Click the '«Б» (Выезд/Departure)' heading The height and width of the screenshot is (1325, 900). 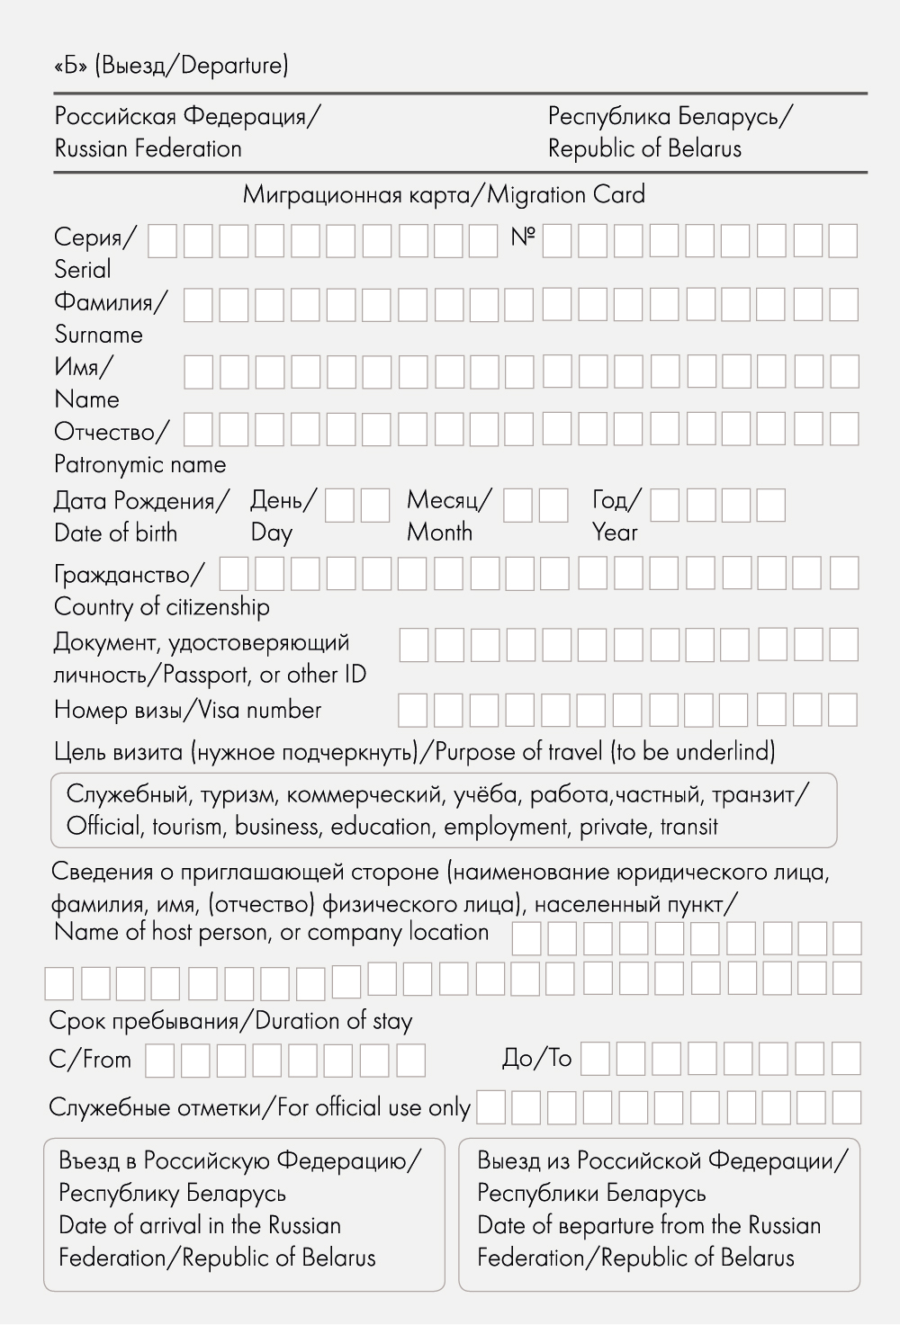coord(171,66)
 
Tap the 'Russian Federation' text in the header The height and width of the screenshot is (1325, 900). coord(148,148)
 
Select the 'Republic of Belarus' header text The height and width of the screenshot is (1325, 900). coord(644,148)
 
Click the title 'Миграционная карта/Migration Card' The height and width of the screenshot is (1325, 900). coord(444,194)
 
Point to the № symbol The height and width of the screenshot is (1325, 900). coord(522,237)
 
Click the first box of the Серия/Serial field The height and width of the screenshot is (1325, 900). coord(162,241)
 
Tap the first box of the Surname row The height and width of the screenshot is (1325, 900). coord(198,306)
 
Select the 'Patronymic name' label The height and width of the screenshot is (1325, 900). coord(139,465)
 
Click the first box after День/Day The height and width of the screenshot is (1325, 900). coord(339,506)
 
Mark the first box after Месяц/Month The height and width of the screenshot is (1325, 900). coord(517,506)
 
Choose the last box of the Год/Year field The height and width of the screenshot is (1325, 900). coord(771,506)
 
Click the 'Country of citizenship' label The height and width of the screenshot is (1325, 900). coord(162,607)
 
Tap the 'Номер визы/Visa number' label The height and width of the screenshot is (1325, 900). coord(187,711)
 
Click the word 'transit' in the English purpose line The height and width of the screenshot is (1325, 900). coord(688,827)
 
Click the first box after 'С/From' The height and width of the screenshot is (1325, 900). coord(159,1061)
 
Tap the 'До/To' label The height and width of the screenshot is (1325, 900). coord(536,1059)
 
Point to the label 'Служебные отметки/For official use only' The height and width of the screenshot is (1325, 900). coord(259,1107)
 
